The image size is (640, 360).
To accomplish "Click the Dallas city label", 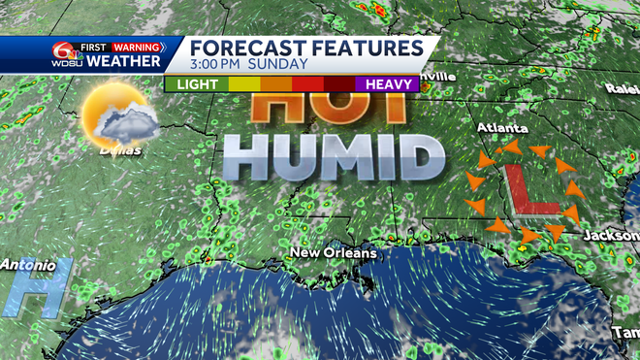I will [119, 150].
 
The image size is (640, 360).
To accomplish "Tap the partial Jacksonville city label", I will [611, 236].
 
